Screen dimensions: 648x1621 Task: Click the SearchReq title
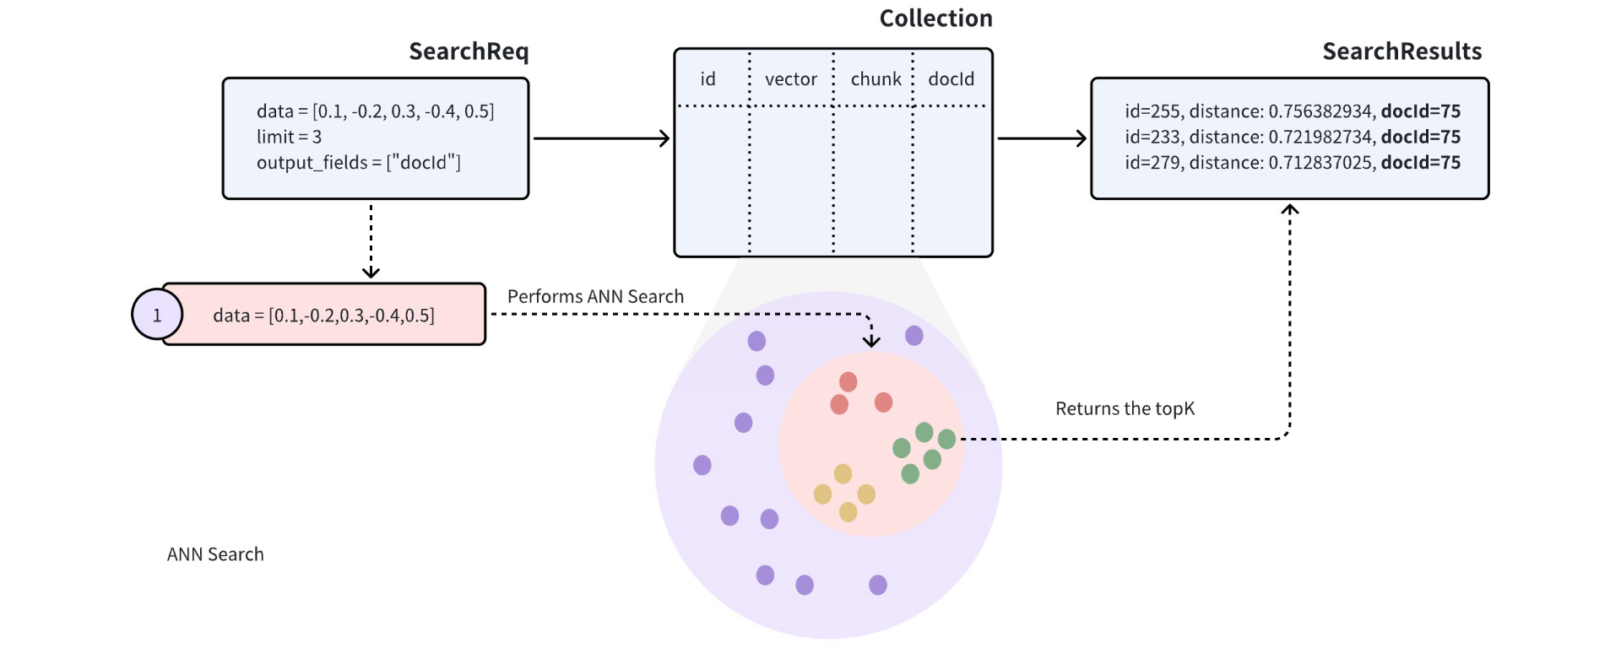pyautogui.click(x=469, y=51)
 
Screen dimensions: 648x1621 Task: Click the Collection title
pyautogui.click(x=935, y=19)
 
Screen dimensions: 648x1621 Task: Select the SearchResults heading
pyautogui.click(x=1401, y=51)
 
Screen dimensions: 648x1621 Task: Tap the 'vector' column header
pyautogui.click(x=790, y=79)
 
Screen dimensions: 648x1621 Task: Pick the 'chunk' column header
pyautogui.click(x=876, y=79)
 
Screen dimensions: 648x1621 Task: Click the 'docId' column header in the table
pyautogui.click(x=951, y=79)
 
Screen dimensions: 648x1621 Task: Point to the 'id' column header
pyautogui.click(x=707, y=79)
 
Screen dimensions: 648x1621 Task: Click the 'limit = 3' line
pyautogui.click(x=289, y=137)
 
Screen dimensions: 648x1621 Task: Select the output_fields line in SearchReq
pyautogui.click(x=358, y=162)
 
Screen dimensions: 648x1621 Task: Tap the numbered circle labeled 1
pyautogui.click(x=157, y=315)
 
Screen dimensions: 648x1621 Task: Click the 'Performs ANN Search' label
pyautogui.click(x=595, y=297)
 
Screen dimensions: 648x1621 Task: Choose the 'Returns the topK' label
pyautogui.click(x=1125, y=409)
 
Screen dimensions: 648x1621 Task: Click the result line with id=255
pyautogui.click(x=1292, y=111)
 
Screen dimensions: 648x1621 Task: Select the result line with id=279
pyautogui.click(x=1292, y=163)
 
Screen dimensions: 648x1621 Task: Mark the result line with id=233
pyautogui.click(x=1292, y=137)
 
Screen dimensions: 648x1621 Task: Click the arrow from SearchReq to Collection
pyautogui.click(x=601, y=138)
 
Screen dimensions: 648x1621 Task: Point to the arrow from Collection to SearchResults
pyautogui.click(x=1042, y=138)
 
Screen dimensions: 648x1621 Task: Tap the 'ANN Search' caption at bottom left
pyautogui.click(x=215, y=554)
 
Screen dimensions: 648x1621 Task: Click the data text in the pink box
pyautogui.click(x=323, y=316)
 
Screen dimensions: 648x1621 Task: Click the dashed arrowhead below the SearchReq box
pyautogui.click(x=371, y=271)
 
